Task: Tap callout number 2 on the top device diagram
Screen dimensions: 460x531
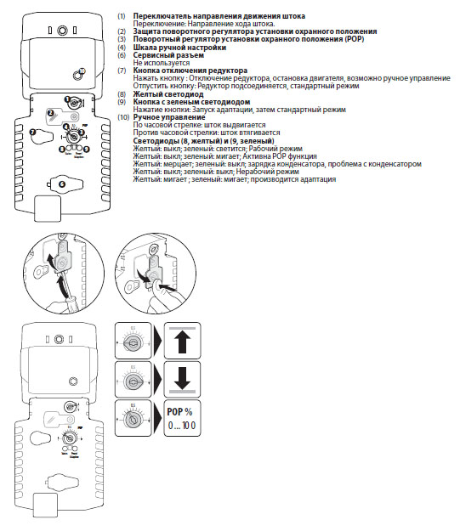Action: [x=51, y=112]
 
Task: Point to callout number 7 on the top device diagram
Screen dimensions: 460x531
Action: [x=33, y=133]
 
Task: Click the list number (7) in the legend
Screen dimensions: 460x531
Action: [x=122, y=70]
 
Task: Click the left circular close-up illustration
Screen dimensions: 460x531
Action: [x=59, y=268]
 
